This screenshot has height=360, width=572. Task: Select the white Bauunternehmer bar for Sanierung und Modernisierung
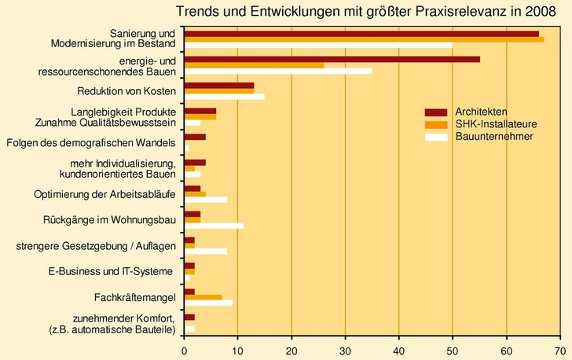coord(317,45)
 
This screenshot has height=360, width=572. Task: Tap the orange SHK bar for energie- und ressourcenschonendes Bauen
coord(254,65)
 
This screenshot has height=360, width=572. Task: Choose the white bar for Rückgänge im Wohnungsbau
coord(214,226)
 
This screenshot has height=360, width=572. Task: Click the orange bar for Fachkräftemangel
coord(203,297)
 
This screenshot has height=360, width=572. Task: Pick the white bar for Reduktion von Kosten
coord(224,97)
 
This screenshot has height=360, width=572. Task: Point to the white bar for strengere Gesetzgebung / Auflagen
coord(205,252)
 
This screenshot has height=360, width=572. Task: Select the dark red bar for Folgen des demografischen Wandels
coord(195,137)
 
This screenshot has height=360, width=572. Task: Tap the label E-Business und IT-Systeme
coord(110,272)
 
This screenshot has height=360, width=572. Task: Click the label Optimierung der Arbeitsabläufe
coord(105,194)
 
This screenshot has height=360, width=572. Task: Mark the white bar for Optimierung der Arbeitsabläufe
coord(205,200)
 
